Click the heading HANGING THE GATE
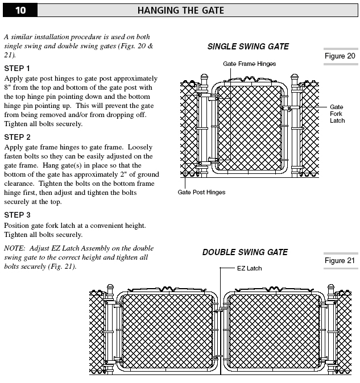coord(180,10)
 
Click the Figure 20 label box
coord(340,56)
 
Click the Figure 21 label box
coord(340,260)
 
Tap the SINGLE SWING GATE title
coord(248,47)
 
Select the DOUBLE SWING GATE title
coord(245,252)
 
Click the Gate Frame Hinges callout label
coord(249,64)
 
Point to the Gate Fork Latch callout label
coord(337,113)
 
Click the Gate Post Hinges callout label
coord(201,192)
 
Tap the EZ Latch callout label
coord(249,268)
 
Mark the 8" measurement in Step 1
coord(7,88)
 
